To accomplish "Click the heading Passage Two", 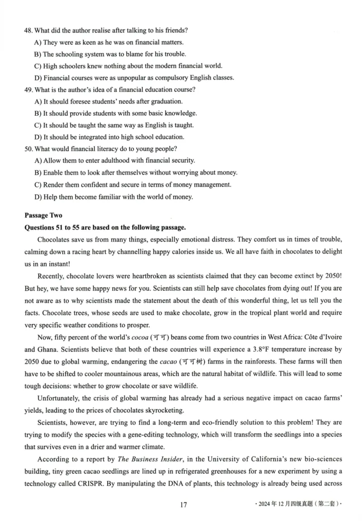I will pos(43,215).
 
